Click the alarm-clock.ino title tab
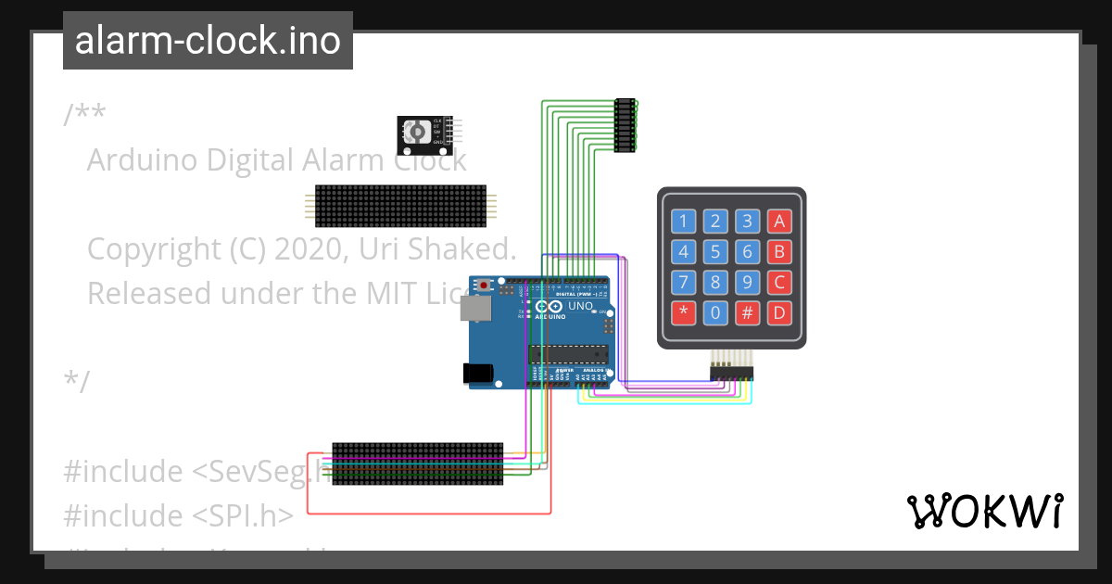(x=208, y=41)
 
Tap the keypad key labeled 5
(x=715, y=251)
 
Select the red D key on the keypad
(x=778, y=312)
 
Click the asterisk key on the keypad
(x=684, y=312)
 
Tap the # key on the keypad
(x=747, y=312)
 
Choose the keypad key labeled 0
(x=715, y=312)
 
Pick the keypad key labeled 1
(x=684, y=221)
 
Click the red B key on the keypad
(x=778, y=251)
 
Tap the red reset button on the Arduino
(x=484, y=286)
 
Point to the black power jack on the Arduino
(x=477, y=374)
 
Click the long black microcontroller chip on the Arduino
(x=568, y=352)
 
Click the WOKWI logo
(x=984, y=511)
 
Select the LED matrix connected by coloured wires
(x=417, y=463)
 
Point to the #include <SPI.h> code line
(x=178, y=514)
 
